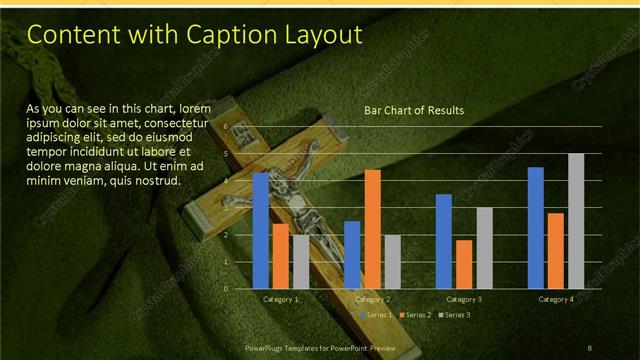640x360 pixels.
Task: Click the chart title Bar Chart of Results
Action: [x=413, y=110]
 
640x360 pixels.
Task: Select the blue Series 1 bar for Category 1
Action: [x=260, y=230]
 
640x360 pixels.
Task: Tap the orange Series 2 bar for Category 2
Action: [x=372, y=229]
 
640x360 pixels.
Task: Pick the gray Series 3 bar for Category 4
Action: [x=576, y=221]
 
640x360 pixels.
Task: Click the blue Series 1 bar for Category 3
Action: [x=444, y=241]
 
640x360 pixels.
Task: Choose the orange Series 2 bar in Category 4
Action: [x=556, y=251]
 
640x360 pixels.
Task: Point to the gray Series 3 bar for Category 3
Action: [x=484, y=248]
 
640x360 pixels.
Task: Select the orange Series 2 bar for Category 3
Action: [x=464, y=264]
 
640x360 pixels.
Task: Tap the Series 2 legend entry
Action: [x=415, y=315]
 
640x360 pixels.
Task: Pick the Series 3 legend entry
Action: [x=453, y=315]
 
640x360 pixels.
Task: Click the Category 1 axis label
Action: [x=280, y=299]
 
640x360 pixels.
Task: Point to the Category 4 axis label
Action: [x=556, y=299]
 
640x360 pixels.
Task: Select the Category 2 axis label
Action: [x=372, y=299]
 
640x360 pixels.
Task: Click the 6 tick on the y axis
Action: [x=226, y=127]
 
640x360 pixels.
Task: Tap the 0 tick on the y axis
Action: [x=226, y=289]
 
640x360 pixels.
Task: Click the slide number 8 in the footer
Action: [x=589, y=347]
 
